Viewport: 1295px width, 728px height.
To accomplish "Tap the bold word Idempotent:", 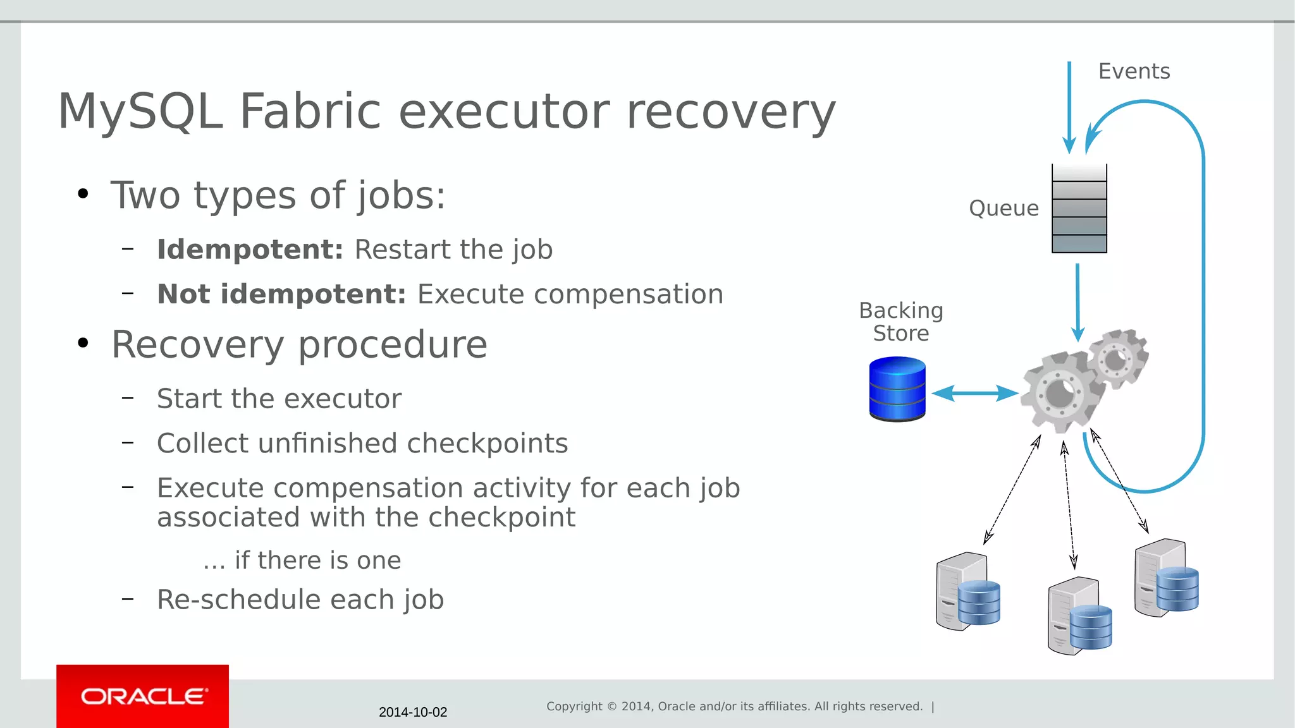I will click(250, 250).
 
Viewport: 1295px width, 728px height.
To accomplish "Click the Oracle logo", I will click(143, 696).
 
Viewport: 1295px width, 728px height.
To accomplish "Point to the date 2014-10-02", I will click(412, 712).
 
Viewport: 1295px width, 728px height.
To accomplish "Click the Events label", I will click(1134, 71).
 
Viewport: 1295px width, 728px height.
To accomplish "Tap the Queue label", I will click(1003, 209).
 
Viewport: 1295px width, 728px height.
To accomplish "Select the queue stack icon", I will click(1079, 209).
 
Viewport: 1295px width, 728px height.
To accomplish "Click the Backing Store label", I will click(900, 322).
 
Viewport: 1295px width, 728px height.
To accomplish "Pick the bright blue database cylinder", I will click(897, 389).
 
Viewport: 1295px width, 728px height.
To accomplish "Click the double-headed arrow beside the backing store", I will click(974, 393).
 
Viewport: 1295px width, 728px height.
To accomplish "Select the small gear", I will click(1117, 359).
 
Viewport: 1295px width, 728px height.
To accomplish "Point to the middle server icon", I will click(1079, 616).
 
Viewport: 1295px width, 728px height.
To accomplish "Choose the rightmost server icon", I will click(1165, 578).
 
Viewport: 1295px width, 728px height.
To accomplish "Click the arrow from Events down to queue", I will click(1069, 107).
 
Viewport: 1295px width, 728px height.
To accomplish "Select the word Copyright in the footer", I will click(574, 707).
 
